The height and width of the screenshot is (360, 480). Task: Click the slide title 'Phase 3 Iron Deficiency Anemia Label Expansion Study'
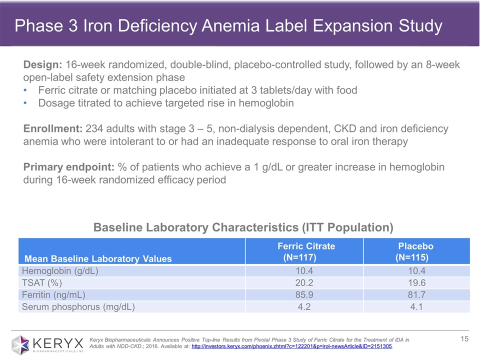228,26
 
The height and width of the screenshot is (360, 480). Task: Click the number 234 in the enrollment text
95,129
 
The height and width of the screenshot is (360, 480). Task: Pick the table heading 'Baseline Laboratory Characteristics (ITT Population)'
243,227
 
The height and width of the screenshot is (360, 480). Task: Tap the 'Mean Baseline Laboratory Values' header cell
98,258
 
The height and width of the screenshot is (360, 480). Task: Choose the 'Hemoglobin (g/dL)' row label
59,271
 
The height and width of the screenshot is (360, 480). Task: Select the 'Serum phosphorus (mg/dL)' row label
77,306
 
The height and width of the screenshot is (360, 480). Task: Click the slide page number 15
464,339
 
